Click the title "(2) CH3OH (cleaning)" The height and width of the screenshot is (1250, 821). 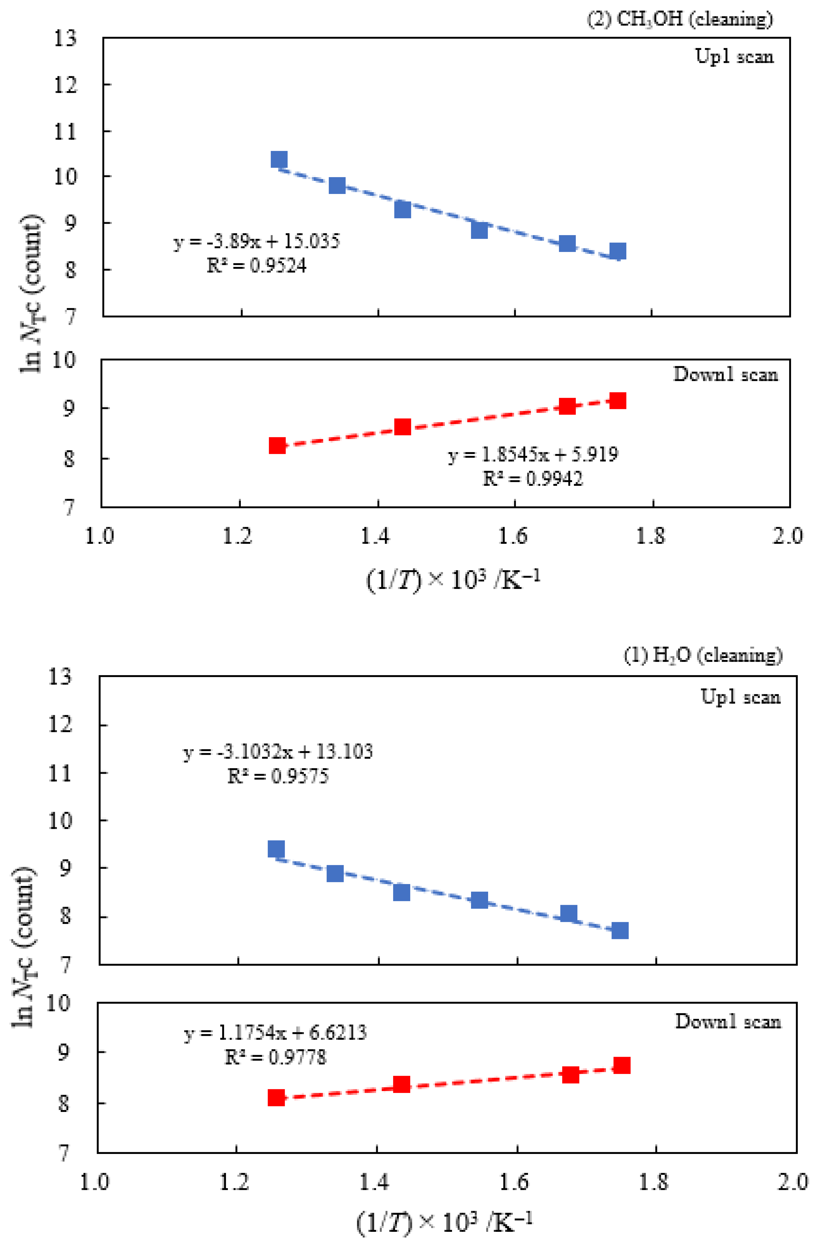[679, 19]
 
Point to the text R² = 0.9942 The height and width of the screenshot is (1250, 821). [533, 478]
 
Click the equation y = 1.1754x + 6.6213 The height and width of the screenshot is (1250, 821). [275, 1033]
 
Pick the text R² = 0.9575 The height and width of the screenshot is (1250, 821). [278, 776]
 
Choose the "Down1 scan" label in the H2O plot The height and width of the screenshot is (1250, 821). [727, 1021]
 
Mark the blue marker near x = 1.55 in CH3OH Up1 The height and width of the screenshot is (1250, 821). [479, 229]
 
